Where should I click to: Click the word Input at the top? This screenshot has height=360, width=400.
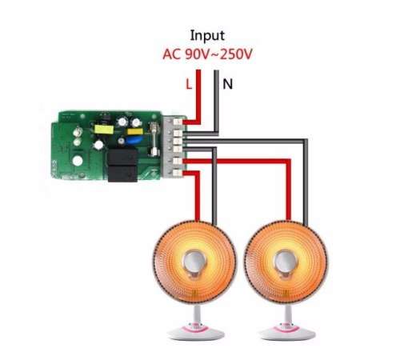tap(207, 36)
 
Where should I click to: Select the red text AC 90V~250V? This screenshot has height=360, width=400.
tap(207, 54)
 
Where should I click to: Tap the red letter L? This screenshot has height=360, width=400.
tap(189, 84)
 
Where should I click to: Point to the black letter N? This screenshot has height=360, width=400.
tap(227, 84)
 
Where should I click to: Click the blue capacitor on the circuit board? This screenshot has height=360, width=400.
tap(134, 140)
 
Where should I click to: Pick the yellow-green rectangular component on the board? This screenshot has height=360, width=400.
tap(104, 130)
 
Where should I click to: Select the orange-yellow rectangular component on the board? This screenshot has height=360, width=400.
tap(135, 131)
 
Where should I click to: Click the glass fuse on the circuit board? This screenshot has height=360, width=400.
tap(154, 138)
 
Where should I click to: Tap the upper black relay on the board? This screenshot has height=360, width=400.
tap(122, 157)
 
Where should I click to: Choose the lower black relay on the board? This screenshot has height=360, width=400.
tap(122, 174)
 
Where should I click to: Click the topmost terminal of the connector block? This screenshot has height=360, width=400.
tap(178, 122)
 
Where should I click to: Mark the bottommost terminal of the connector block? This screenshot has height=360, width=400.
tap(178, 173)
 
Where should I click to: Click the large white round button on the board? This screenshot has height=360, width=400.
tap(78, 161)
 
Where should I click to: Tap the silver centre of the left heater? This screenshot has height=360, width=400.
tap(194, 262)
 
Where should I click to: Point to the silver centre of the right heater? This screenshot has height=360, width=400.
tap(285, 262)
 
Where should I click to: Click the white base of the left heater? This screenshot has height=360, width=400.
tap(196, 331)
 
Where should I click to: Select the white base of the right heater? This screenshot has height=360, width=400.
tap(287, 331)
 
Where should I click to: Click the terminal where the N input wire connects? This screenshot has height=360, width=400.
tap(178, 133)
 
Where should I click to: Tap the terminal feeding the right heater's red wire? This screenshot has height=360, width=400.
tap(178, 161)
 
